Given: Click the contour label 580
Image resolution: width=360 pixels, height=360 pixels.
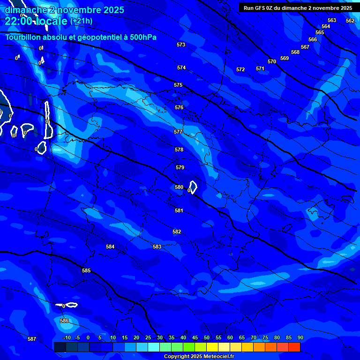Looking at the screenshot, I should pos(179,187).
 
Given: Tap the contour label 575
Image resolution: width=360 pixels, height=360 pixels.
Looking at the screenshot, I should pos(178,85).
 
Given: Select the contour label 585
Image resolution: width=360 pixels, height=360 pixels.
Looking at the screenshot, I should pos(86,270).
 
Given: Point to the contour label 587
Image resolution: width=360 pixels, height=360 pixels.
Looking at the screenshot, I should pos(32,339).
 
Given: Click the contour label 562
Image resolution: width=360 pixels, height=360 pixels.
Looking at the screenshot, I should pos(350,21).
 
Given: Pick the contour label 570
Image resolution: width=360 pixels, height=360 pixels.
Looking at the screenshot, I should pos(272,61).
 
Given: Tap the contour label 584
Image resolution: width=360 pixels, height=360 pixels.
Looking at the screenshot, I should pos(110,247).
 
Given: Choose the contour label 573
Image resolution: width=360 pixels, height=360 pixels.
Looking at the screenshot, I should pos(181,45).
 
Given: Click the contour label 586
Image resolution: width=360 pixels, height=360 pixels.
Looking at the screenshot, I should pos(64,321).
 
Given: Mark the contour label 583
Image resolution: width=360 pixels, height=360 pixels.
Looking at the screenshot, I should pos(157,247).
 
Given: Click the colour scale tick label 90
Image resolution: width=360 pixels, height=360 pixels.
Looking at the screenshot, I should pos(300,337).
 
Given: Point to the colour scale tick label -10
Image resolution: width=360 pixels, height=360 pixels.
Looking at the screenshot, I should pos(67,337).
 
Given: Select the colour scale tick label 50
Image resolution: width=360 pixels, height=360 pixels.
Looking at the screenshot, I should pos(207,337).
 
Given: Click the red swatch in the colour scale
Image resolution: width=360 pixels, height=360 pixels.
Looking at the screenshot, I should pos(294,347).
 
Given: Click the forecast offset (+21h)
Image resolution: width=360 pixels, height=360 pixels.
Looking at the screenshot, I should pos(81,21).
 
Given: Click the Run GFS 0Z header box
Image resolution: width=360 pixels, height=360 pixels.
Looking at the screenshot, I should pos(298,8).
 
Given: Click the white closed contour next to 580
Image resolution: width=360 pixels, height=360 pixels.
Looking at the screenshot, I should pos(193,187).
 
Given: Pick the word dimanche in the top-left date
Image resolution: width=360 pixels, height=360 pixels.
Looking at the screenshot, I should pos(24,10).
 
